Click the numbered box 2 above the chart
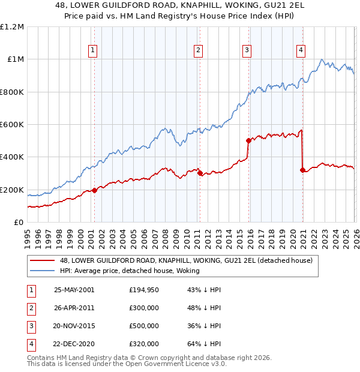[198, 51]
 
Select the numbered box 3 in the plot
[247, 51]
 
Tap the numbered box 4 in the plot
[301, 51]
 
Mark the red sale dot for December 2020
[302, 170]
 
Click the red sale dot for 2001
[94, 191]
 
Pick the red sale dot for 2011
[199, 173]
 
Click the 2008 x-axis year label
[165, 237]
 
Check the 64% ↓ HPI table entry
[204, 344]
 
